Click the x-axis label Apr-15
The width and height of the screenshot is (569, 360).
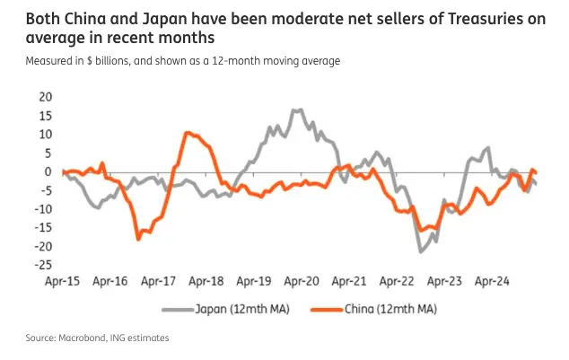pyautogui.click(x=63, y=282)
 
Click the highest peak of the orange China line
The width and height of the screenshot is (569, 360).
pyautogui.click(x=187, y=133)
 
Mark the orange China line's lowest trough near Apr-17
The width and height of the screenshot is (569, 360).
pyautogui.click(x=138, y=239)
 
